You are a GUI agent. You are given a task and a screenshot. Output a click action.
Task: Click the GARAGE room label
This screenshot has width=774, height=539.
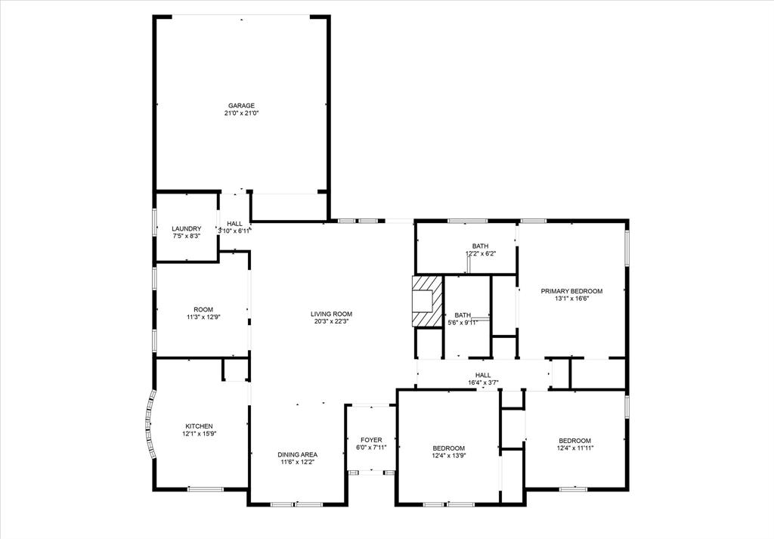tap(241, 106)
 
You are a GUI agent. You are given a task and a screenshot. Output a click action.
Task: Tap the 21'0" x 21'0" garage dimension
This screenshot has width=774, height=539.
tap(241, 113)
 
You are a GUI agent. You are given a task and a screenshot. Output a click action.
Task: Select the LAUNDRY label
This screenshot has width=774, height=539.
tap(186, 229)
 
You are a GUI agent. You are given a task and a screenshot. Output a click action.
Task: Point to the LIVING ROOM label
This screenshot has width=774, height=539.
tap(331, 314)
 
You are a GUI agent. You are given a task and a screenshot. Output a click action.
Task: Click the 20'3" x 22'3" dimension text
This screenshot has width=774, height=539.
tap(331, 321)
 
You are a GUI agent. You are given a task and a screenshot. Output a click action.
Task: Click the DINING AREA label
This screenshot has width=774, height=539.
tap(297, 454)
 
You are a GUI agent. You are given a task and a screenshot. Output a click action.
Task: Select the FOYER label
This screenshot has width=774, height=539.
tap(370, 440)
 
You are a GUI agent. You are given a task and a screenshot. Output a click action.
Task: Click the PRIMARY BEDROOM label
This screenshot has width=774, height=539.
tap(571, 291)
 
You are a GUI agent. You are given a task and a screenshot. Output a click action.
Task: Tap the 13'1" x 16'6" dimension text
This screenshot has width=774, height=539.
tap(571, 299)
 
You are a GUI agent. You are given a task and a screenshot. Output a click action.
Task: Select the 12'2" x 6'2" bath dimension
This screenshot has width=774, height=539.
tap(480, 254)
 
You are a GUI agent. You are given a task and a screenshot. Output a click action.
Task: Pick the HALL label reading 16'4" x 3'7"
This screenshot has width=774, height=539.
tap(482, 375)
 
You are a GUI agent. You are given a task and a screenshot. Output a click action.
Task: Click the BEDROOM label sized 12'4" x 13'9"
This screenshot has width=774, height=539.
tap(448, 448)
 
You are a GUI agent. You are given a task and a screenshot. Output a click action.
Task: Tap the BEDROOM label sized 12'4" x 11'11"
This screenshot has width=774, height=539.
tap(574, 441)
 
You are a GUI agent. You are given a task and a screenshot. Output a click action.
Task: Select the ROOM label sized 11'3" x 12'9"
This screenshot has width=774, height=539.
tap(203, 309)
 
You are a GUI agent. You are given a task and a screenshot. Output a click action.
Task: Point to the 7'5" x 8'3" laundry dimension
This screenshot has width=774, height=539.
tap(186, 237)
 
